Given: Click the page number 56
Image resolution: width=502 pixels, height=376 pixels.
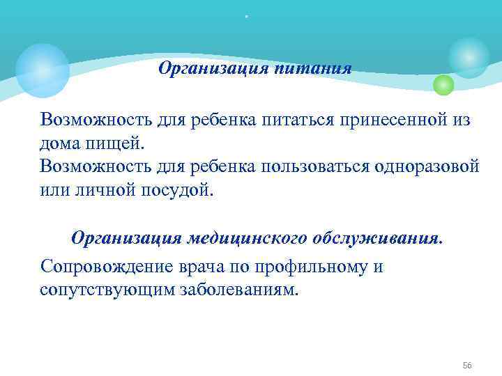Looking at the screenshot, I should [467, 346].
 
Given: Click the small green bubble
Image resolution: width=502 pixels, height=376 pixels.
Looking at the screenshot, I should [443, 85].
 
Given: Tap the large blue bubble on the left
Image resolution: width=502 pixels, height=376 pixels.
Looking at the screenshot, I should [43, 70].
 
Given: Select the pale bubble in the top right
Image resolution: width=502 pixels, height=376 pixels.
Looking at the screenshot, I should [469, 58].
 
